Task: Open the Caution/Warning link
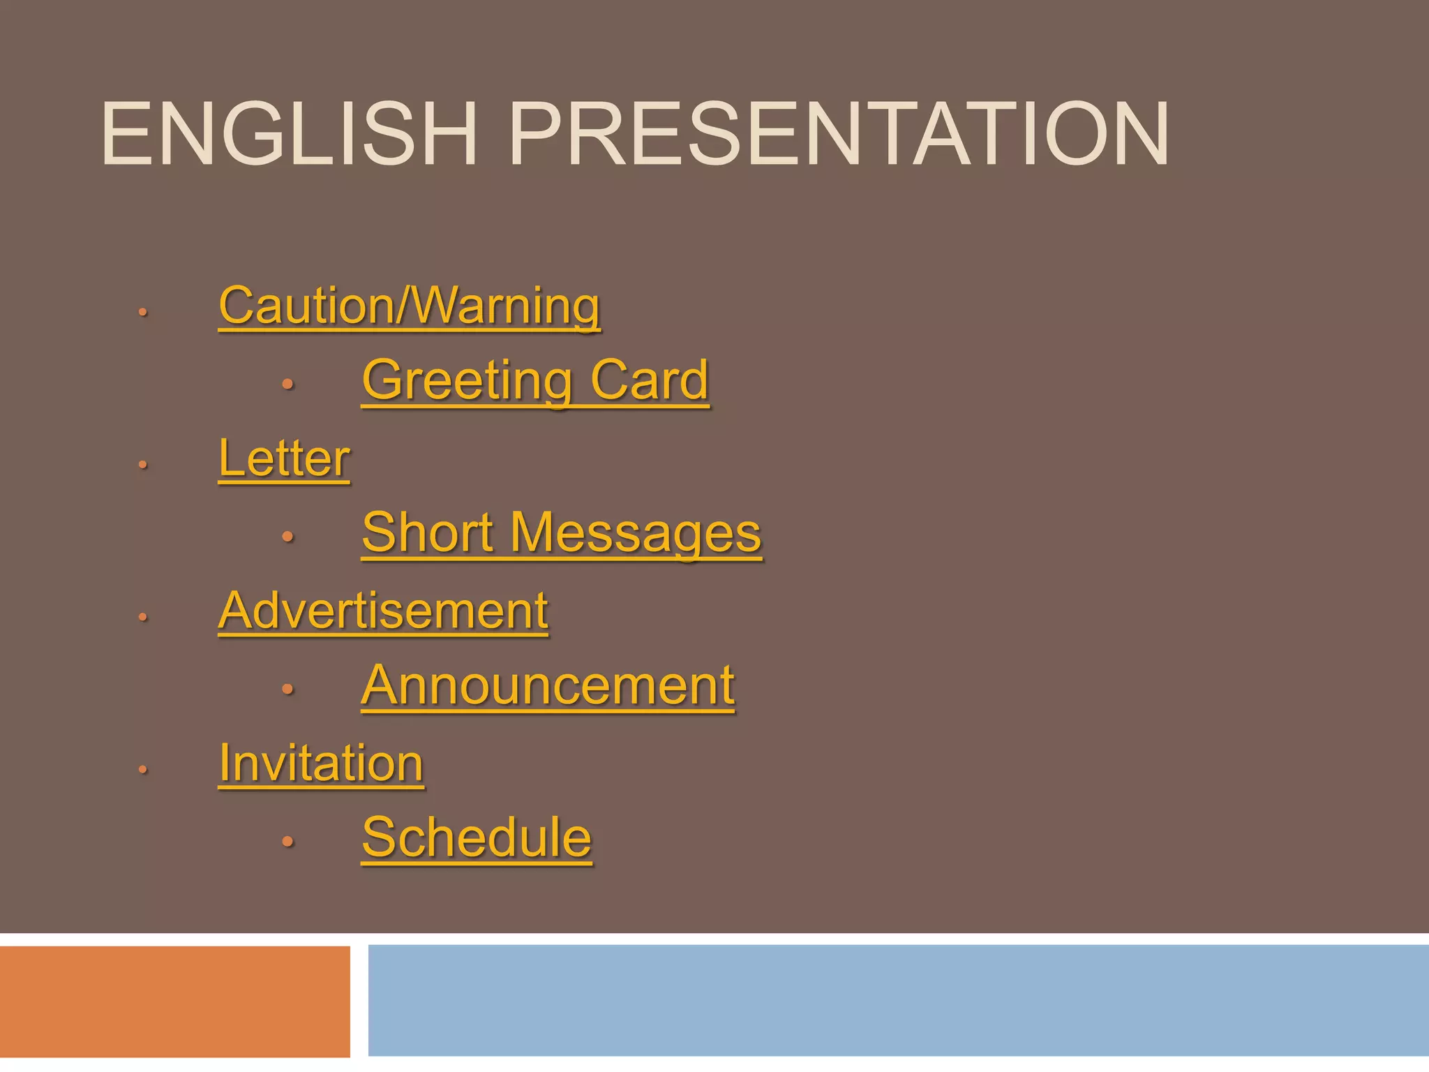[409, 306]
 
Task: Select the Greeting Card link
[535, 380]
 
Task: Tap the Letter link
[284, 459]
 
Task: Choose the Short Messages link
[562, 533]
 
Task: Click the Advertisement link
[383, 611]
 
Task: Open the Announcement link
[548, 685]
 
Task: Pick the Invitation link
[321, 763]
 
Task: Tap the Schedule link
[477, 837]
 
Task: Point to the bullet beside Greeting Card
[287, 384]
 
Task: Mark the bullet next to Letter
[142, 465]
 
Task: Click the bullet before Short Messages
[287, 537]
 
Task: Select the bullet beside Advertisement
[142, 617]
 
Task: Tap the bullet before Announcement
[287, 690]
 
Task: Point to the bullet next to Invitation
[142, 770]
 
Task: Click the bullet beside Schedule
[287, 842]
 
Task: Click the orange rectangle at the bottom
[174, 1002]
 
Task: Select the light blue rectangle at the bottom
[898, 1000]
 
